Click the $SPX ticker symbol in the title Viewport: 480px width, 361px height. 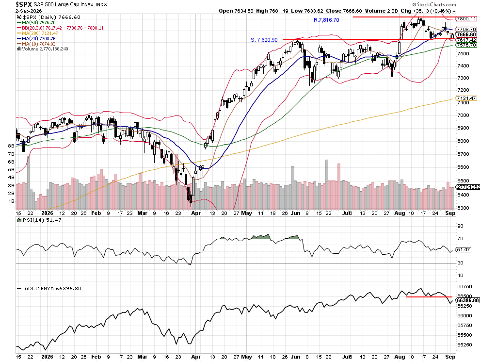pos(24,4)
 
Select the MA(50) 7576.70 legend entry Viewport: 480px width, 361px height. pos(36,23)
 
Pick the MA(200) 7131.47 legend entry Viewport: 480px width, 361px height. pos(38,33)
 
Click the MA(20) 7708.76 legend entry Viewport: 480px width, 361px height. pos(36,39)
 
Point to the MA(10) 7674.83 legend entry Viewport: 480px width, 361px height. pos(36,44)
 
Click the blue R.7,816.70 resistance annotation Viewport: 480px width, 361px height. pos(326,20)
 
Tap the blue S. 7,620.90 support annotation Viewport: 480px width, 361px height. pos(264,40)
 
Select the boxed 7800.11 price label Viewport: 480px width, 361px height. pos(466,19)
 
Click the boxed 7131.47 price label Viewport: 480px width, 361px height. pos(466,98)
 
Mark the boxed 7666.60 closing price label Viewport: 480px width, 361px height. pos(466,34)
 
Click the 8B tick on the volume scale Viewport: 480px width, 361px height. pos(11,146)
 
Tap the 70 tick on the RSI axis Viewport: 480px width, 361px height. pos(461,238)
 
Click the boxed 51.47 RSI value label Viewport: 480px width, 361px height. pos(464,250)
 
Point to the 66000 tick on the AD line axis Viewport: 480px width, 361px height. pos(464,316)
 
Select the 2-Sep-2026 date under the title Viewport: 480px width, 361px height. pos(28,11)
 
